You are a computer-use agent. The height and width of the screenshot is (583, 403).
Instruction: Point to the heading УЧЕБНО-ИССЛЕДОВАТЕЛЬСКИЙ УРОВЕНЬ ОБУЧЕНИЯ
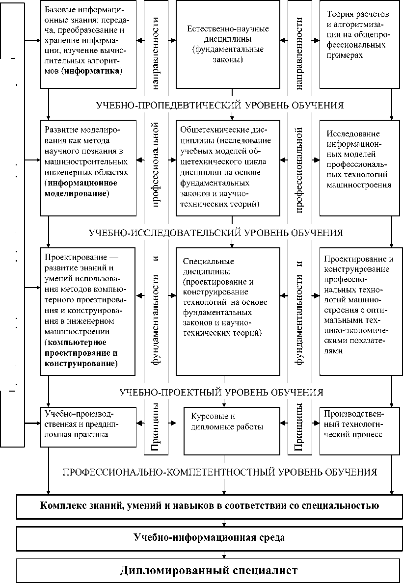[215, 232]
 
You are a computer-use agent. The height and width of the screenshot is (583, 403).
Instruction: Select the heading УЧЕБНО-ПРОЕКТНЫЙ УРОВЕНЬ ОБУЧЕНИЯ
[221, 392]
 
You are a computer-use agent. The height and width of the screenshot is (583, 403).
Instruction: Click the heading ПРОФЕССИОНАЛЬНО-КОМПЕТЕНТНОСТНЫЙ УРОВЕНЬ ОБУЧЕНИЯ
[219, 472]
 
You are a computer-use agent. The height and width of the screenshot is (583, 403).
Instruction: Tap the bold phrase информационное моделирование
[81, 188]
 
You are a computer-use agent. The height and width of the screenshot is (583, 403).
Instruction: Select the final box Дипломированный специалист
[209, 570]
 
